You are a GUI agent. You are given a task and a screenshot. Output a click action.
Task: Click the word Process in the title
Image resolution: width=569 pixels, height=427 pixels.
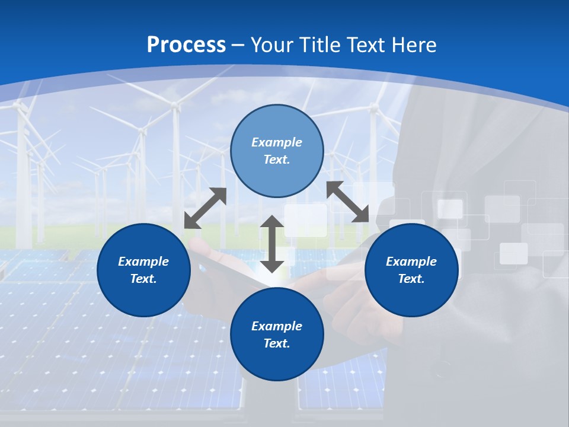tap(186, 45)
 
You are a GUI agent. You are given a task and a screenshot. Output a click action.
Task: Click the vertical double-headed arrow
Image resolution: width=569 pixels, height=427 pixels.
tap(272, 244)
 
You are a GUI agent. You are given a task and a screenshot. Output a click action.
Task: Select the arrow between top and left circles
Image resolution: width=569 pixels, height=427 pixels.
tap(205, 208)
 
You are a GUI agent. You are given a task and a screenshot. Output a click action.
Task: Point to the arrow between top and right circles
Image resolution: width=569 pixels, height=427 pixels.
tap(348, 202)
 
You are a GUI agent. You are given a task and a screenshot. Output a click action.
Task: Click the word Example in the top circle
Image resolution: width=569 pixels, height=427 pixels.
tap(277, 142)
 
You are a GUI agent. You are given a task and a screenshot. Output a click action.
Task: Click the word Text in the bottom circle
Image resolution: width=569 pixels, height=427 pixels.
tap(277, 343)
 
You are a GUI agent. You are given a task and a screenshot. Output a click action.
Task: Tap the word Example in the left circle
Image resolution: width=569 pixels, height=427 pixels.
tap(143, 262)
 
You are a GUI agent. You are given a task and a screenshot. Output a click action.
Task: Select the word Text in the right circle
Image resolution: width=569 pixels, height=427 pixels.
tap(411, 279)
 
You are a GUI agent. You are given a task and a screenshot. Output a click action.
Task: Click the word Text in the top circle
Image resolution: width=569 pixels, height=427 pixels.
tap(277, 160)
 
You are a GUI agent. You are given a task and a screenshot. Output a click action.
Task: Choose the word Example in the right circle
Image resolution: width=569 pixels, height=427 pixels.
tap(411, 262)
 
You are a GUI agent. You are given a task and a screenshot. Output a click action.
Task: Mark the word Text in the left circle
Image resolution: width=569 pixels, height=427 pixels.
tap(143, 279)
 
